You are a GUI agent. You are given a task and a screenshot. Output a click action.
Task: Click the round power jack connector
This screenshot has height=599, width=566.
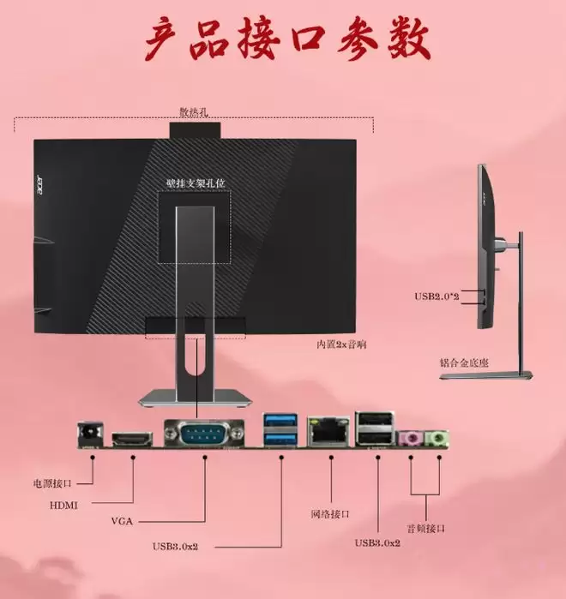pyautogui.click(x=90, y=434)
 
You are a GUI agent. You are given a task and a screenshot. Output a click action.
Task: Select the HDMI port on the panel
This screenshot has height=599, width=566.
pyautogui.click(x=132, y=440)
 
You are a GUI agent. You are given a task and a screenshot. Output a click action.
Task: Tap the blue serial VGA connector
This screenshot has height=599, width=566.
pyautogui.click(x=204, y=433)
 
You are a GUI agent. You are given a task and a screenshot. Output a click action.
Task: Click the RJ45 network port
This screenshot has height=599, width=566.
pyautogui.click(x=328, y=432)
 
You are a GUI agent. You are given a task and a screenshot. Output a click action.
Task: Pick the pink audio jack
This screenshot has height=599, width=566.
pyautogui.click(x=411, y=439)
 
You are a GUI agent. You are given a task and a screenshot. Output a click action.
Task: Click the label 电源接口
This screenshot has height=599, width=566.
pyautogui.click(x=52, y=483)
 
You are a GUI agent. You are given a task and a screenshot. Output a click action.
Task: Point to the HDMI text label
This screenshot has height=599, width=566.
pyautogui.click(x=63, y=506)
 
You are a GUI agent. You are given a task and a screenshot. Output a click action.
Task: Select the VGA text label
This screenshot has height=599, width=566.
pyautogui.click(x=122, y=521)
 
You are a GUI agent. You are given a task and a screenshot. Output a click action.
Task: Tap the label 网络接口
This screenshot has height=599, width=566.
pyautogui.click(x=330, y=514)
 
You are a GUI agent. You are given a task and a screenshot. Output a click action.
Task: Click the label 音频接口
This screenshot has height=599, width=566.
pyautogui.click(x=425, y=529)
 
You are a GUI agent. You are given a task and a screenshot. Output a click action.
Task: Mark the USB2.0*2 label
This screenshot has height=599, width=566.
pyautogui.click(x=437, y=296)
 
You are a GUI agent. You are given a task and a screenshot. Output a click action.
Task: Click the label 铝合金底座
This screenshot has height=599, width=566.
pyautogui.click(x=464, y=362)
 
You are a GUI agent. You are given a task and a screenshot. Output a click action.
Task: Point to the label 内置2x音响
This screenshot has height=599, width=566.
pyautogui.click(x=341, y=344)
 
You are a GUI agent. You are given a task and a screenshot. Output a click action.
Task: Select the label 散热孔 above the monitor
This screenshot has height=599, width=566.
pyautogui.click(x=194, y=112)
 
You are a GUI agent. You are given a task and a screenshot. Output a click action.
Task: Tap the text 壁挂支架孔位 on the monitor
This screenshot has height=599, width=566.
pyautogui.click(x=196, y=183)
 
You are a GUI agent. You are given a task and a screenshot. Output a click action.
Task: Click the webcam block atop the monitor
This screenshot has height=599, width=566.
pyautogui.click(x=195, y=130)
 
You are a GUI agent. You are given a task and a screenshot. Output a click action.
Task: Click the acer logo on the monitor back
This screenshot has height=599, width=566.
pyautogui.click(x=39, y=184)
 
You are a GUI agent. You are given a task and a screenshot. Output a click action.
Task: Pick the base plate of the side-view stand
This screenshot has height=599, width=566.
pyautogui.click(x=486, y=375)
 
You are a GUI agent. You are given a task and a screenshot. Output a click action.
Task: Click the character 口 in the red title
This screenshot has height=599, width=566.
pyautogui.click(x=308, y=39)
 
